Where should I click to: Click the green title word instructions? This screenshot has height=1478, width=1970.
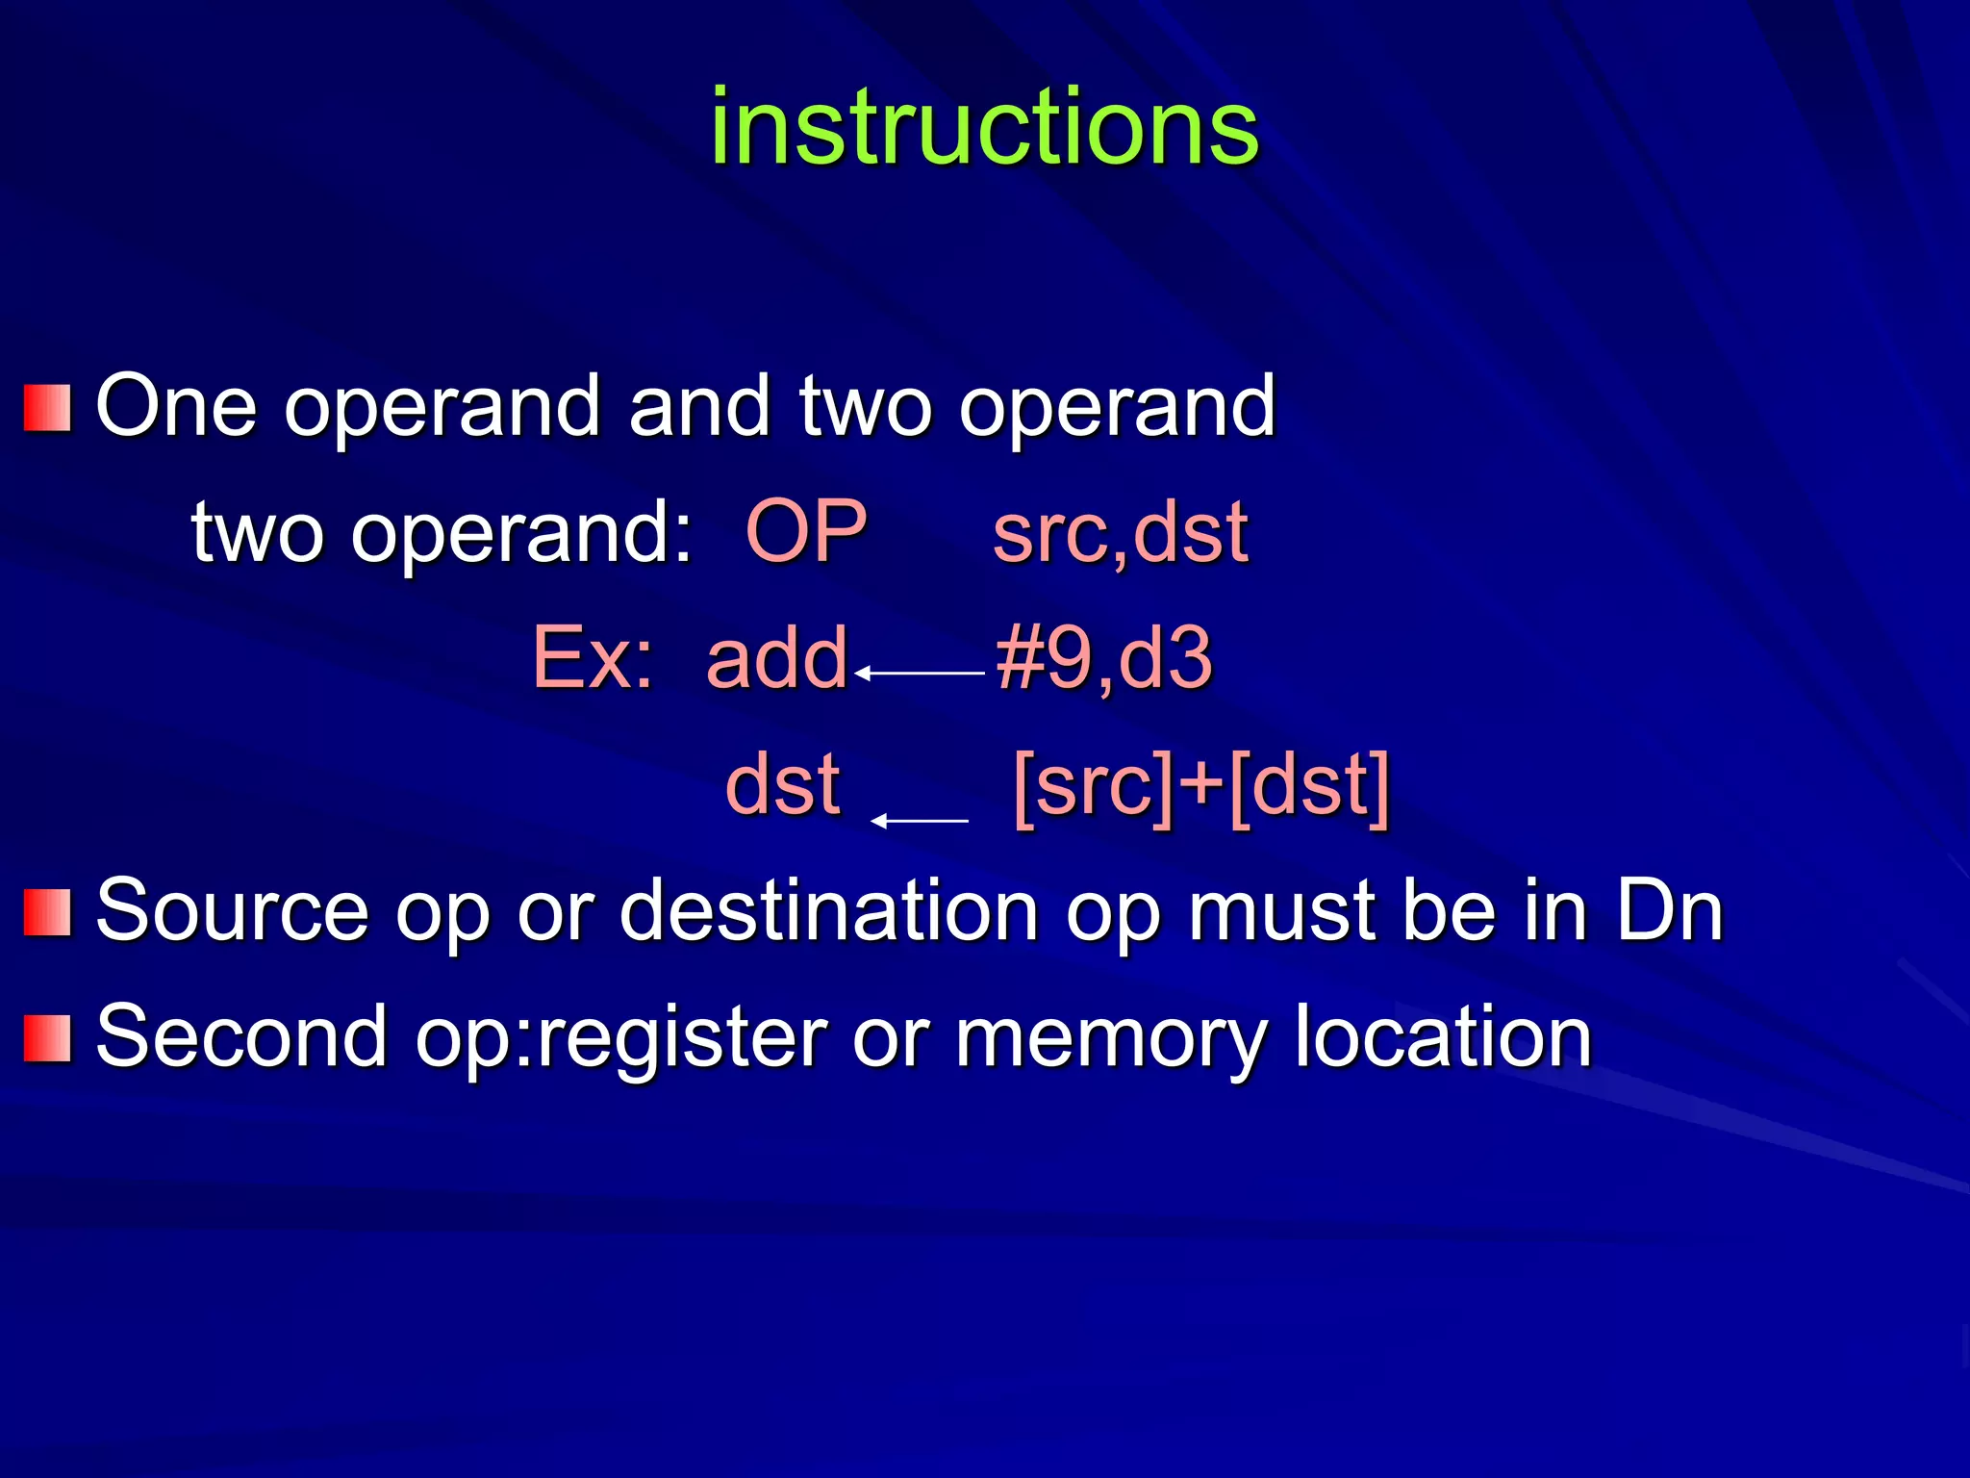click(x=984, y=128)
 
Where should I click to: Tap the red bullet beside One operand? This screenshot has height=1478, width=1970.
click(x=47, y=409)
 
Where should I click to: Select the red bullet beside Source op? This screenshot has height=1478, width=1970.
click(x=47, y=912)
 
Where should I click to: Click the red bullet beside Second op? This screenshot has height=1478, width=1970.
click(x=47, y=1038)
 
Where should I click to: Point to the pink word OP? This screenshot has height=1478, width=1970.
click(x=806, y=531)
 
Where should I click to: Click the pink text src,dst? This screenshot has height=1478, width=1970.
click(x=1120, y=533)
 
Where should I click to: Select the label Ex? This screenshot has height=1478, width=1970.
click(x=593, y=658)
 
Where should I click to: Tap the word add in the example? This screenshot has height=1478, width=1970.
click(x=776, y=658)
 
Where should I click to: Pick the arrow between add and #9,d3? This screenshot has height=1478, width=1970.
click(x=919, y=673)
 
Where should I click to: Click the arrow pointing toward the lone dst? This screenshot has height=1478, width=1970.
click(x=919, y=821)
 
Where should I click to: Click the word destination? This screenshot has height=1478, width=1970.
click(x=828, y=910)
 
